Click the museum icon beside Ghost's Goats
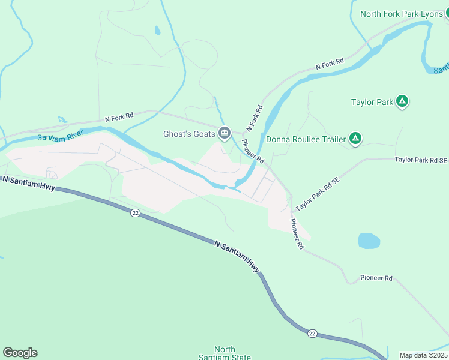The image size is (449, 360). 224,133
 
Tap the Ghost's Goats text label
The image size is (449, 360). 189,134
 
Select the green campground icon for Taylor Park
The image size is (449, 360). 403,102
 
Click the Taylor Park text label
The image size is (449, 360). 372,103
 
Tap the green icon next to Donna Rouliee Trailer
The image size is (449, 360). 355,139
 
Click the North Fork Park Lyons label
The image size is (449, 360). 401,14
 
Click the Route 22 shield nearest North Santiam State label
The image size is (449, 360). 312,334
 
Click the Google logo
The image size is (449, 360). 20,353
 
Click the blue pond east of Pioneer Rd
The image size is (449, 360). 369,241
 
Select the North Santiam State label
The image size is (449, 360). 224,353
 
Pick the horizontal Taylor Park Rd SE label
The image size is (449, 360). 421,160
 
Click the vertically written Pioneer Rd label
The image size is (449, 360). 297,234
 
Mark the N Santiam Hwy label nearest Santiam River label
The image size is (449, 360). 29,184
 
